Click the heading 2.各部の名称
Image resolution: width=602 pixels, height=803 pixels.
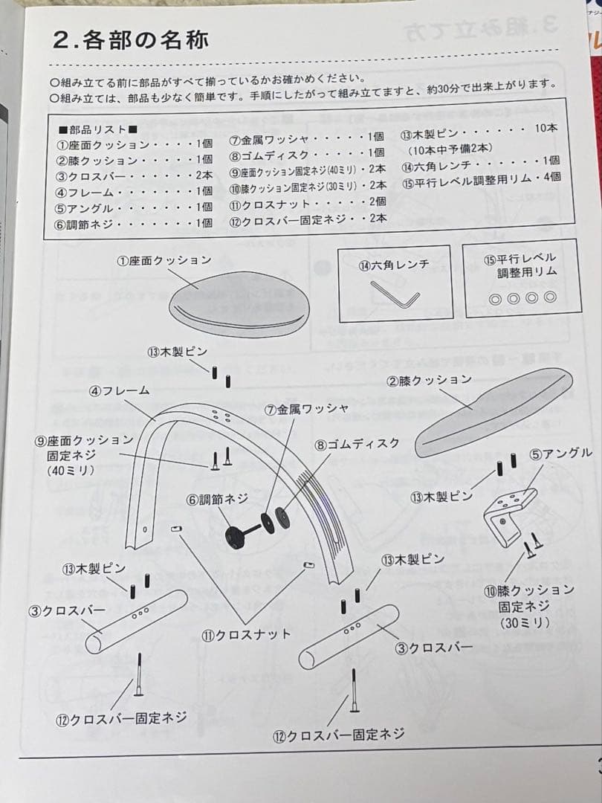pyautogui.click(x=130, y=39)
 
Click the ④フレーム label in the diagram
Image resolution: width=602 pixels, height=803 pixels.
pyautogui.click(x=120, y=390)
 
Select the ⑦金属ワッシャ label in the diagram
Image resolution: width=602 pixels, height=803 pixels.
pyautogui.click(x=306, y=410)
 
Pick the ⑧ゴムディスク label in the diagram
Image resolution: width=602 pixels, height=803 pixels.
pyautogui.click(x=357, y=444)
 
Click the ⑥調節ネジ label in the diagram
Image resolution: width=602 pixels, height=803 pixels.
pyautogui.click(x=217, y=500)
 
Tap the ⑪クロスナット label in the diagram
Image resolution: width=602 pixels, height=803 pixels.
pyautogui.click(x=246, y=634)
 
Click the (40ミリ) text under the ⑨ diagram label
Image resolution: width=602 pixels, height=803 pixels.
pyautogui.click(x=70, y=471)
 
